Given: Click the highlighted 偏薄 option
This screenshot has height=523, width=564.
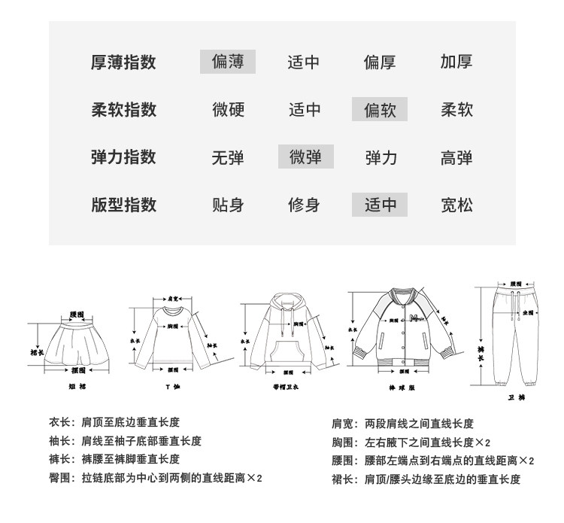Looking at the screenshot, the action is [x=228, y=62].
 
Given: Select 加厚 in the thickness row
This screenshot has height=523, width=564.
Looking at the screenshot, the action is [x=456, y=62].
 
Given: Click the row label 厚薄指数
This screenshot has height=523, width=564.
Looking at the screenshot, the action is [x=123, y=62].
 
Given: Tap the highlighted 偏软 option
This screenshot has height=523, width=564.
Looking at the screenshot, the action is [x=380, y=110].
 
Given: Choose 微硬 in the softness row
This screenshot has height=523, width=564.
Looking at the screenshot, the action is [x=228, y=110].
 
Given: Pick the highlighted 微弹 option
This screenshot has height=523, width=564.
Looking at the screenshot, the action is [x=305, y=157].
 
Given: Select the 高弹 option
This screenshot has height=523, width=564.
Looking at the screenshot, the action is [x=456, y=157].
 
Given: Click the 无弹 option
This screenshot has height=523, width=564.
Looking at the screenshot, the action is [x=228, y=157].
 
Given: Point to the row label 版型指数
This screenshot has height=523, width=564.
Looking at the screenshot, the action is [x=123, y=205].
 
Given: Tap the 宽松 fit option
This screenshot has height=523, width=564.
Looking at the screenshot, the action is [x=456, y=205].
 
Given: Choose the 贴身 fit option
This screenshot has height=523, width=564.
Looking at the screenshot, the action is [x=228, y=205].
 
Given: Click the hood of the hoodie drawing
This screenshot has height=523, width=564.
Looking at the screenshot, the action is [x=284, y=305].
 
